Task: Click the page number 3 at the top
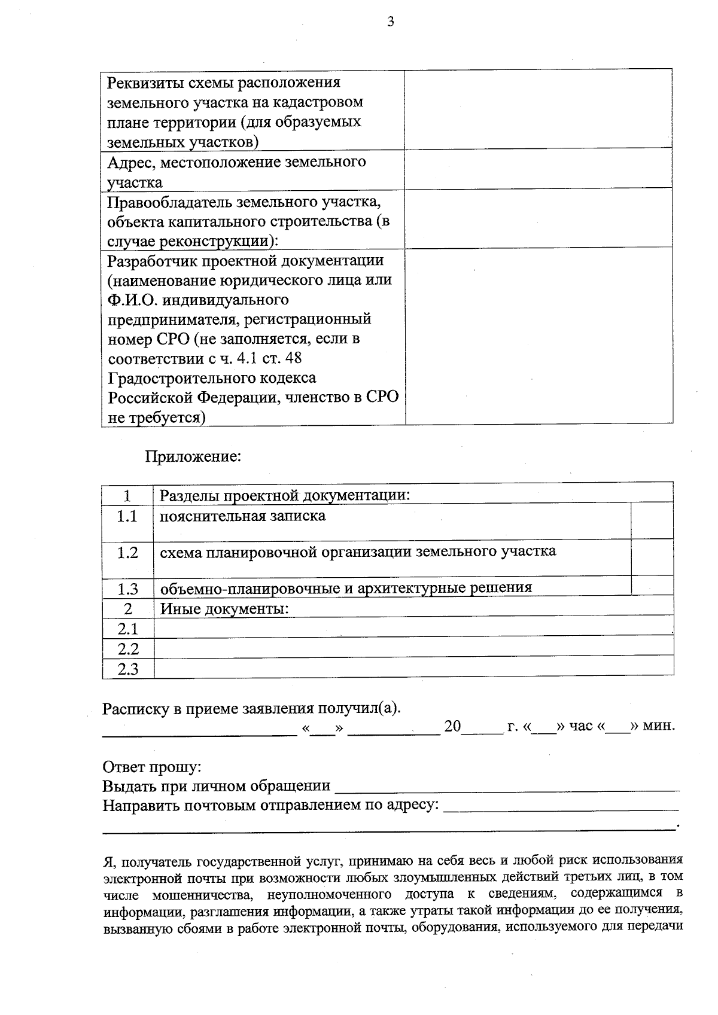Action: (x=390, y=23)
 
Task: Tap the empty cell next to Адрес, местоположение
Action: (x=538, y=170)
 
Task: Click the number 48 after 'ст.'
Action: (x=293, y=358)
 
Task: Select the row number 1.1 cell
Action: (x=127, y=516)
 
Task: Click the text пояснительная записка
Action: (x=242, y=516)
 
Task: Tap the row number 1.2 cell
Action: (x=127, y=553)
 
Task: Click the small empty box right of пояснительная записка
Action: (x=652, y=520)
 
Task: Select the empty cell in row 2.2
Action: (x=413, y=649)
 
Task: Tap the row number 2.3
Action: (x=127, y=669)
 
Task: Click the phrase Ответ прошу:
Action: (x=152, y=767)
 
